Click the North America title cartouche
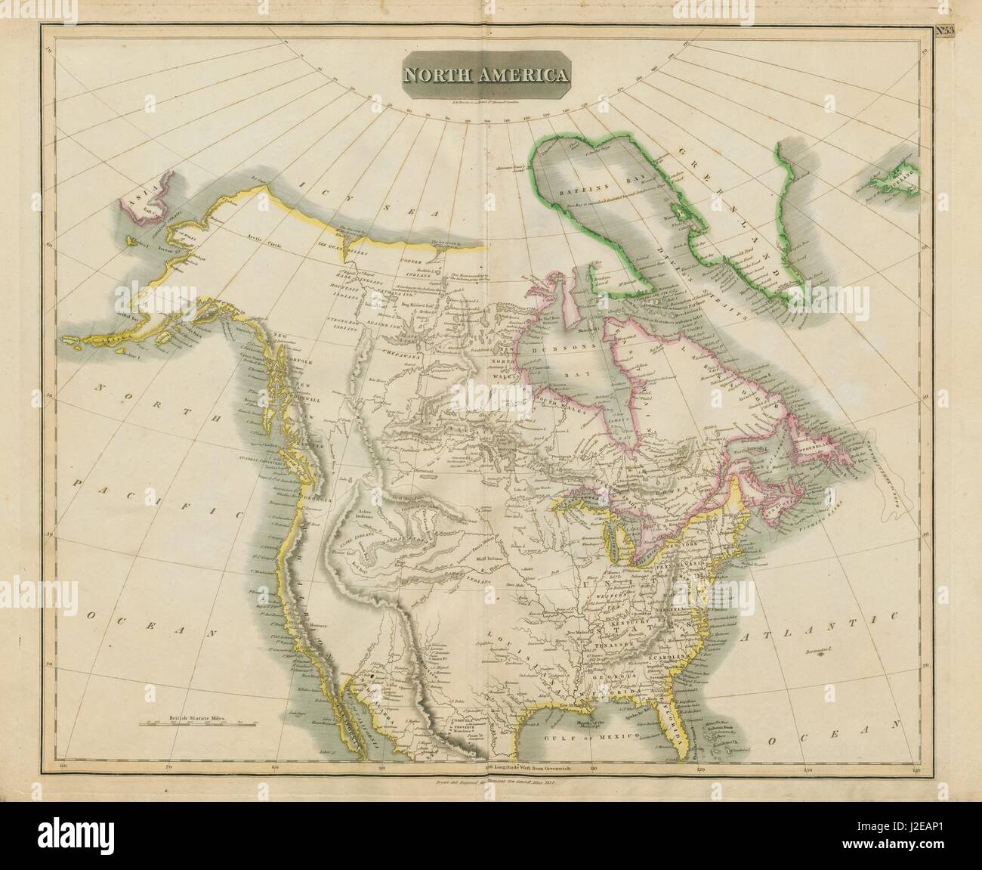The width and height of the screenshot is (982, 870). point(486,76)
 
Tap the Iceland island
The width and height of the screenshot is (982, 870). point(896,178)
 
